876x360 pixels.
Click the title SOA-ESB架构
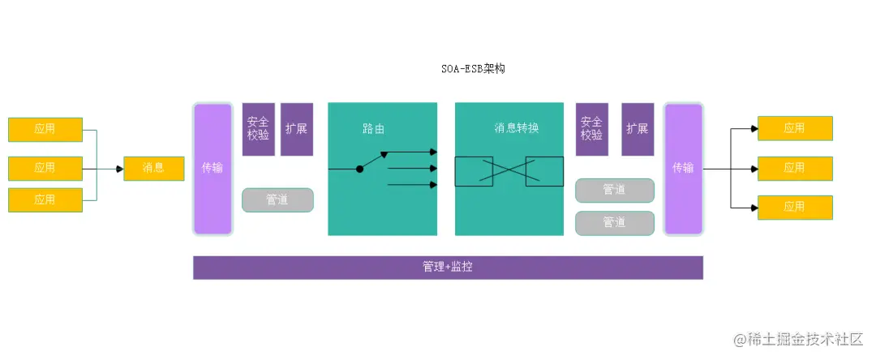click(x=468, y=69)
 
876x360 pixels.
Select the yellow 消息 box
click(x=154, y=169)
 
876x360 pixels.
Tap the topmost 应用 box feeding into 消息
click(x=45, y=130)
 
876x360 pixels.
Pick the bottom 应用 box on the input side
click(x=45, y=199)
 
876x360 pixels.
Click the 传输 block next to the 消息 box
click(x=213, y=169)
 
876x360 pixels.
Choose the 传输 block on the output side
click(x=683, y=169)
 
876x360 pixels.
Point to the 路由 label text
click(x=373, y=128)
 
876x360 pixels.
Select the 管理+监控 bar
click(x=448, y=267)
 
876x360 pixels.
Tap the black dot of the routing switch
click(x=359, y=169)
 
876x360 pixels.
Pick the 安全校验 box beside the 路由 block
click(x=258, y=129)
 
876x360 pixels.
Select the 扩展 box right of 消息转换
click(x=638, y=129)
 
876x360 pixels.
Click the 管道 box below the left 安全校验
click(x=277, y=199)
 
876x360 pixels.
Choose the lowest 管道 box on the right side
click(x=614, y=222)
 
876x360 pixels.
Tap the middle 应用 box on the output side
click(x=795, y=169)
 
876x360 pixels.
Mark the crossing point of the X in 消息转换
click(x=509, y=170)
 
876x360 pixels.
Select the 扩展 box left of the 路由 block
click(x=297, y=129)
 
